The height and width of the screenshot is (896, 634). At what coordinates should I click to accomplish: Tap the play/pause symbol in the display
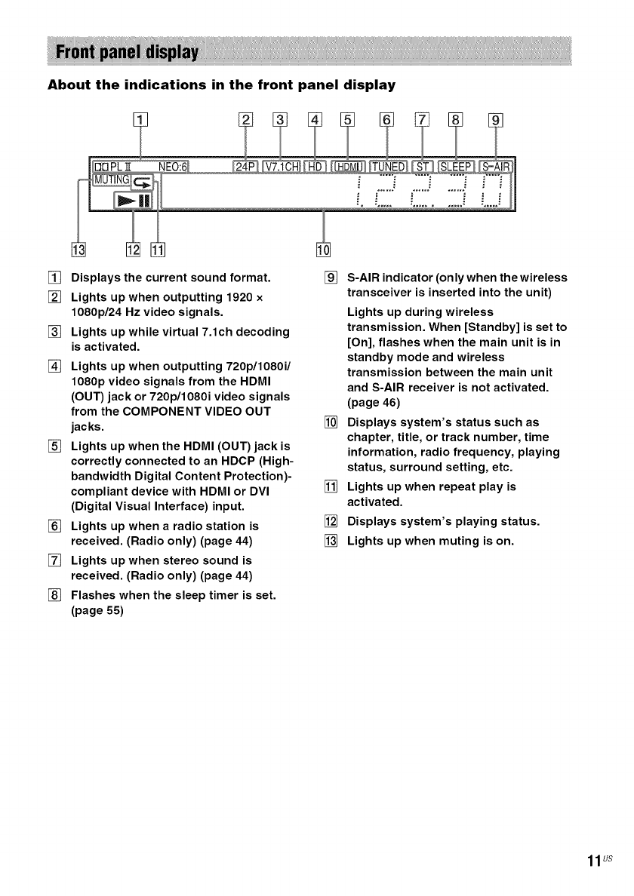point(134,201)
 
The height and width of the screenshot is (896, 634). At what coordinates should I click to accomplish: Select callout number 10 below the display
point(323,251)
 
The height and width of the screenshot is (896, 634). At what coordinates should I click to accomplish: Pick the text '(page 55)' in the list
point(96,612)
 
